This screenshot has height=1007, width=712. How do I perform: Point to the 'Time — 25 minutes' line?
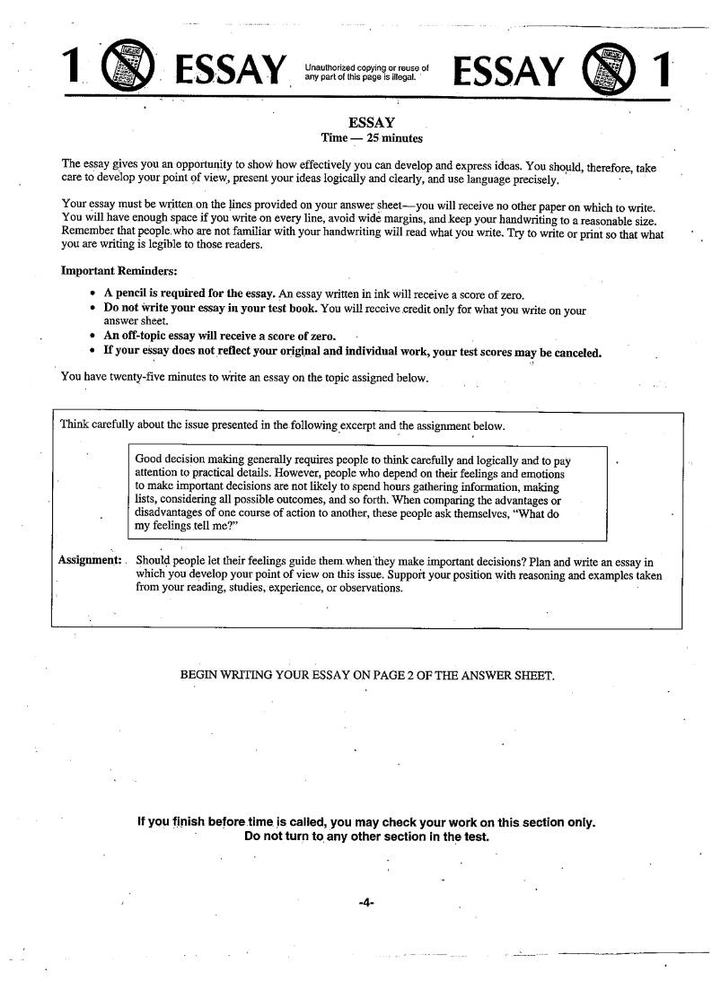[372, 138]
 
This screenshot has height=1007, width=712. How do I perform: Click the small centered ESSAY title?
[372, 122]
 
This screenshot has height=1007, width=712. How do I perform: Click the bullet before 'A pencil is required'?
[94, 294]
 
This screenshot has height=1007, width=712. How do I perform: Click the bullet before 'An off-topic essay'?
[94, 337]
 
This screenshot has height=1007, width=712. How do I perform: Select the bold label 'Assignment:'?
[90, 560]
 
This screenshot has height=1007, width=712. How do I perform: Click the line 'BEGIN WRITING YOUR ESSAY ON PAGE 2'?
[367, 674]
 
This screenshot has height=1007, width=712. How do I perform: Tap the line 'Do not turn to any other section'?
[366, 836]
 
